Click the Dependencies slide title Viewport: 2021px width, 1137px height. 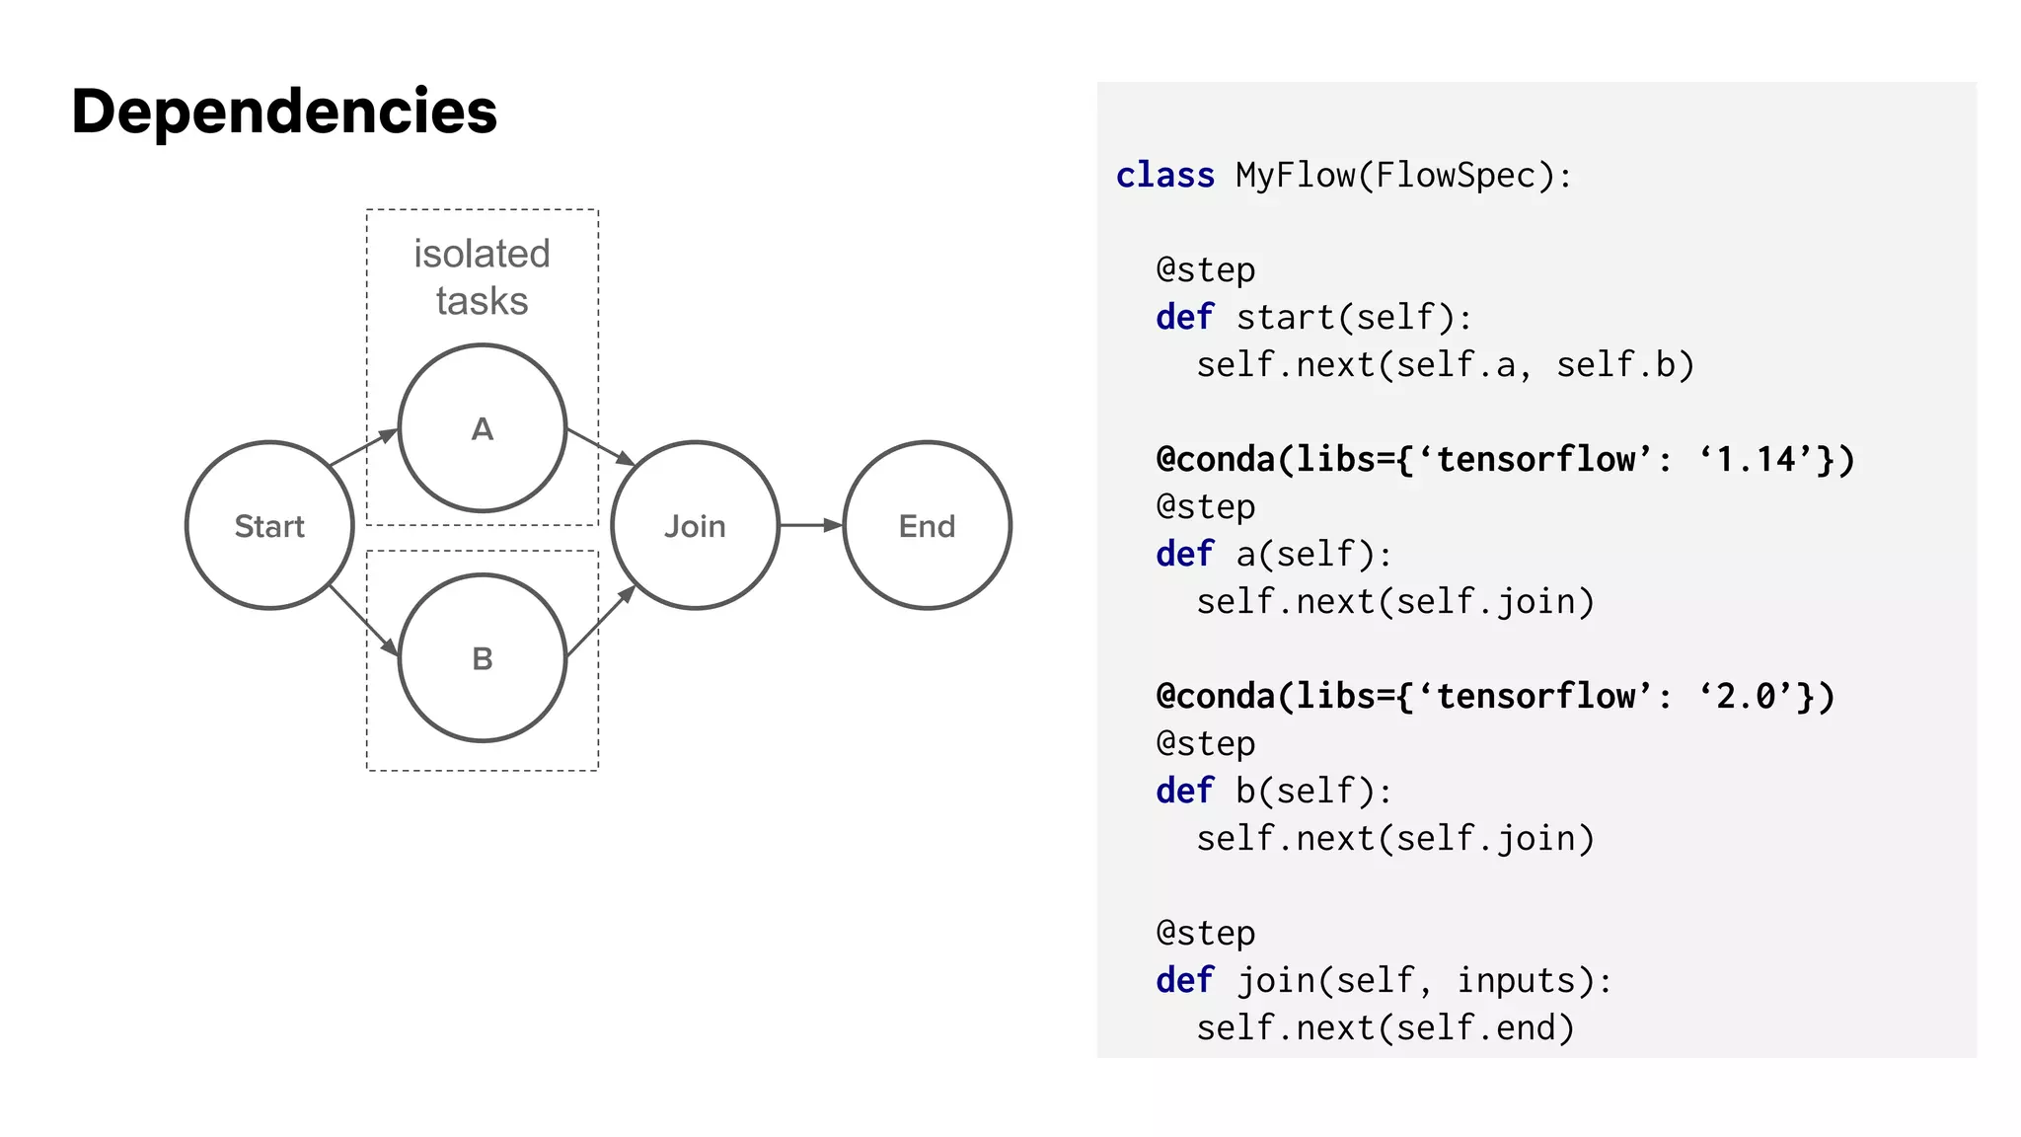pos(284,111)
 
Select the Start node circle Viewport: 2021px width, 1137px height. pos(269,525)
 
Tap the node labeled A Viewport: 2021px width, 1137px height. pos(482,428)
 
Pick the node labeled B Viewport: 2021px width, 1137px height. pos(482,658)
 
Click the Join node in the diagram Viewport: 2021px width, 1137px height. pos(695,525)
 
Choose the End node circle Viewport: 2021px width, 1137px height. pos(927,525)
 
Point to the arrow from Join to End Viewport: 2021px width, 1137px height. pos(810,525)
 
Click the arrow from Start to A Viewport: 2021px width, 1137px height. pos(362,448)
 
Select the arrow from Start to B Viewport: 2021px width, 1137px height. pos(363,620)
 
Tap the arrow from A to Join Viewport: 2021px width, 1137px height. pos(600,446)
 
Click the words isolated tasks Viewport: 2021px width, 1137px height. pos(482,277)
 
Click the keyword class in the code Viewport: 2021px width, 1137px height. pos(1164,176)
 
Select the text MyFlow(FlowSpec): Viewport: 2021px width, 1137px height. pos(1403,176)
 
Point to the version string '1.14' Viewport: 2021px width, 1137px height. pos(1757,459)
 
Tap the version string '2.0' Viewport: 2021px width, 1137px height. pos(1747,696)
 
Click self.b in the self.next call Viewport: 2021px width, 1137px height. pos(1624,365)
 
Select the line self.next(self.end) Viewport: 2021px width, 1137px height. pos(1385,1027)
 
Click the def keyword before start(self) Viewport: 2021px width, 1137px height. pos(1184,318)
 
